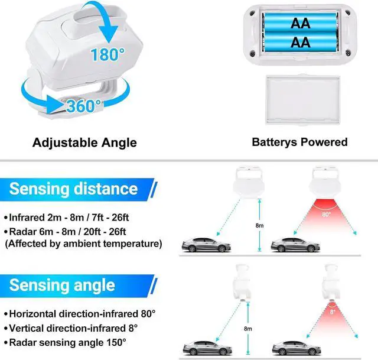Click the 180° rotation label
coord(107,56)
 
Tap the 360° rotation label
coord(84,106)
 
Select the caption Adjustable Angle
coord(84,142)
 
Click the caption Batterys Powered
coord(299,142)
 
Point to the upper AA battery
coord(301,23)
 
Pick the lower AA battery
coord(301,43)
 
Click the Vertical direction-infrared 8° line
coord(70,327)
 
